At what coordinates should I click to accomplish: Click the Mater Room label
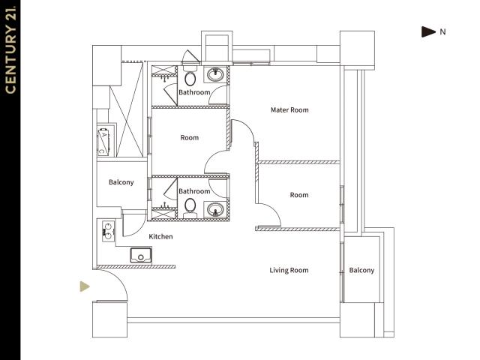click(289, 110)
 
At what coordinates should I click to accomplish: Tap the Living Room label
click(289, 270)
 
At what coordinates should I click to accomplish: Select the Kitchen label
click(160, 237)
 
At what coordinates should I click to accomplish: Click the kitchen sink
click(141, 255)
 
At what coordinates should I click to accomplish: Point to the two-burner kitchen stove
click(108, 231)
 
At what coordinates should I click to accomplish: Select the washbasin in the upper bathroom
click(215, 74)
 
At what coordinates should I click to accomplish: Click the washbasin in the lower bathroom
click(215, 210)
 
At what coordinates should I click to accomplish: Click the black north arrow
click(428, 31)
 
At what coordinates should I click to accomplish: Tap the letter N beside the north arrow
click(442, 31)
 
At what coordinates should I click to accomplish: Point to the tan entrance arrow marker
click(85, 286)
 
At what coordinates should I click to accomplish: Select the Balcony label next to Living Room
click(361, 270)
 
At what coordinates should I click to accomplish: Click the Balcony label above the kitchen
click(121, 182)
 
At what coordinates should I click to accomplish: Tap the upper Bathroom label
click(194, 92)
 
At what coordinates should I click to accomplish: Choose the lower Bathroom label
click(194, 191)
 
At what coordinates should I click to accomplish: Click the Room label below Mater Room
click(299, 195)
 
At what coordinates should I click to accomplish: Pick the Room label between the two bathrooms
click(190, 138)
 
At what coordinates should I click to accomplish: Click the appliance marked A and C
click(103, 141)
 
